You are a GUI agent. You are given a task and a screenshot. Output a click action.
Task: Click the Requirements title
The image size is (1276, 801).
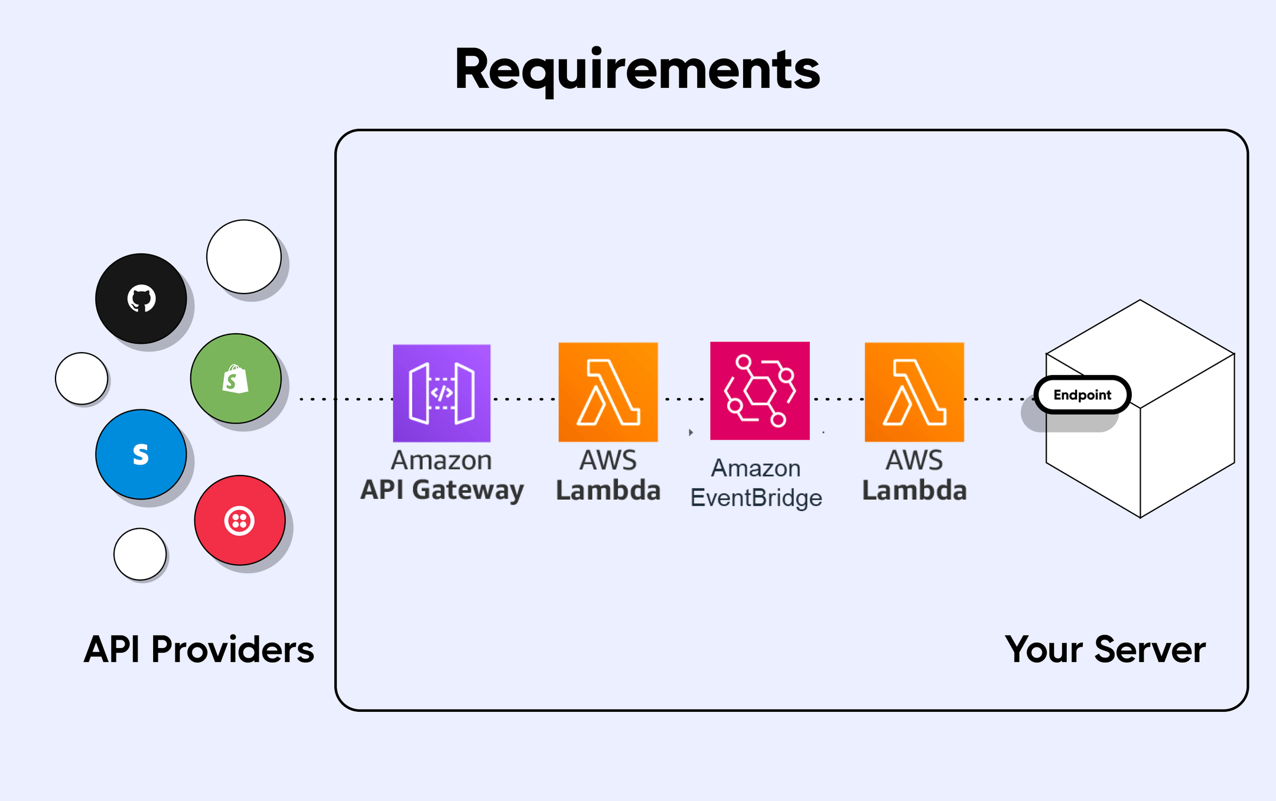637,70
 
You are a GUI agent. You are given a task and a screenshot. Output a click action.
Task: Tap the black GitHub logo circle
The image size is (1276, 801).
141,298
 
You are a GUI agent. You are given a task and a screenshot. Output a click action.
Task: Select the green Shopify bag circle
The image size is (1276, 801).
235,379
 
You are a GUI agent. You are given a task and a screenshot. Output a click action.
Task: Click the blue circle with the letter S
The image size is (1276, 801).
141,454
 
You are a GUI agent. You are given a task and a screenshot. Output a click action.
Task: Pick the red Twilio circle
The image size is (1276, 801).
239,520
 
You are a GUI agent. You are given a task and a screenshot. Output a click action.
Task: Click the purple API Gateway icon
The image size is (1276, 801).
441,393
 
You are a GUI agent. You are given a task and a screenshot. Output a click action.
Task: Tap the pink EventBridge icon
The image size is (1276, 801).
760,390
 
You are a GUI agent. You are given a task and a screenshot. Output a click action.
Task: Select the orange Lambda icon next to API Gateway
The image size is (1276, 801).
608,392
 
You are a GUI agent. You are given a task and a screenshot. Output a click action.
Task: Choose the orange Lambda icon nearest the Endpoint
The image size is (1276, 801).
914,392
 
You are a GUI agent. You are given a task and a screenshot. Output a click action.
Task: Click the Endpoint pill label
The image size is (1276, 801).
1082,395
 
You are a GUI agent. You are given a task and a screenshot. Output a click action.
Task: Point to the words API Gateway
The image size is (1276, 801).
442,490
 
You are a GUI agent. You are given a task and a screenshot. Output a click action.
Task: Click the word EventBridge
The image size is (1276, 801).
756,498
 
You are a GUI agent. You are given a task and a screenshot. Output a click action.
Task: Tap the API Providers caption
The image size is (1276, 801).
198,650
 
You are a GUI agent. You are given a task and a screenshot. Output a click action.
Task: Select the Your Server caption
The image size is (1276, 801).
1105,650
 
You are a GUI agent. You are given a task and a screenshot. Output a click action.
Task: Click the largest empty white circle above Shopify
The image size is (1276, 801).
243,256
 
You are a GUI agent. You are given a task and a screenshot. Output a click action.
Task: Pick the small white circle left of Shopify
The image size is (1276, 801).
81,379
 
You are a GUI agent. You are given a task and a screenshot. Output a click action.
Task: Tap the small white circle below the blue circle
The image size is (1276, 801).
139,554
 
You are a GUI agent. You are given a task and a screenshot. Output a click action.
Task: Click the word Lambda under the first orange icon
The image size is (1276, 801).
608,491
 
